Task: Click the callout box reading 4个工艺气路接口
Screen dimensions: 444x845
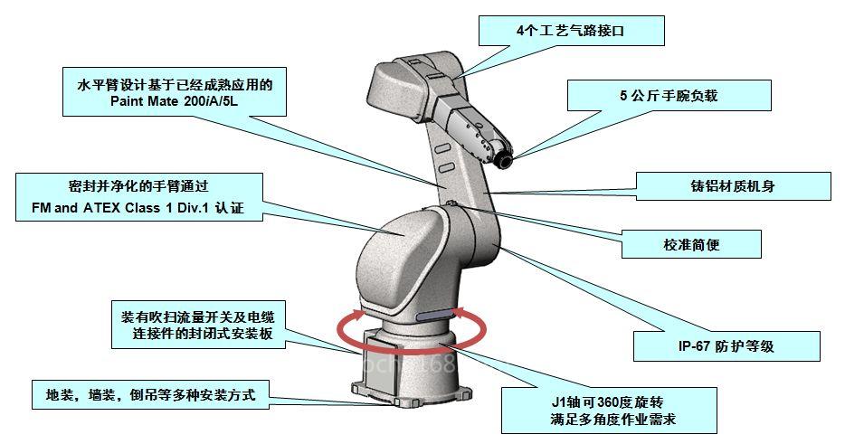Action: [571, 31]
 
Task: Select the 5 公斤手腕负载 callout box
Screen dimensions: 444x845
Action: [668, 95]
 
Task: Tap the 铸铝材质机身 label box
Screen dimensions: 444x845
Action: [732, 187]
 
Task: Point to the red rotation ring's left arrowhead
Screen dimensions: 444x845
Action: [358, 315]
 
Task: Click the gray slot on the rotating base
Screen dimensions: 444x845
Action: [437, 316]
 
